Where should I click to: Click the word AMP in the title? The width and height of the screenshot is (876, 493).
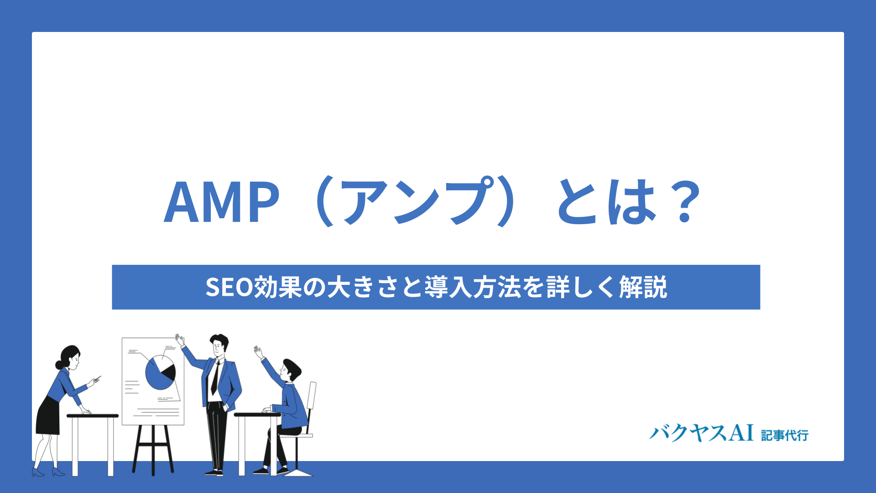tap(222, 201)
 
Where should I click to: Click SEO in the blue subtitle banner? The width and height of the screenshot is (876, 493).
tap(229, 287)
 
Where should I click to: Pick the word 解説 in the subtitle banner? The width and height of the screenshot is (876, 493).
tap(643, 287)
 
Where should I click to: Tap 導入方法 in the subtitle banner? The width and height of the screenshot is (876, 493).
tap(473, 287)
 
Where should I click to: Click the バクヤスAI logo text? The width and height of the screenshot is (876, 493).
tap(701, 432)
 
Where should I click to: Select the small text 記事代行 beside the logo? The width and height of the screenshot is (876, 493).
tap(785, 435)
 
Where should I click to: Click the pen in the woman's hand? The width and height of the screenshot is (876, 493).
tap(97, 378)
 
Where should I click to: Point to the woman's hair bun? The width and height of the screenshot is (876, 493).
tap(59, 365)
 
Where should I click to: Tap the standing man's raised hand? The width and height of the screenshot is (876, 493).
tap(180, 340)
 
